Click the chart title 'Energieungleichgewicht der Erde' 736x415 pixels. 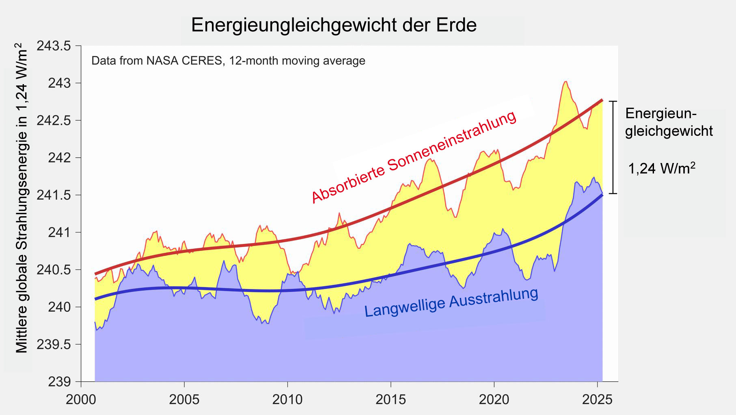coord(334,25)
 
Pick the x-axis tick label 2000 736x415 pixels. coord(81,400)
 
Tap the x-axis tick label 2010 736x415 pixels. coord(287,400)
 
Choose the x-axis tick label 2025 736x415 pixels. coord(597,400)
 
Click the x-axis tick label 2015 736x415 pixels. coord(391,400)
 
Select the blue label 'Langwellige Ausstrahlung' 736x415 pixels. coord(451,302)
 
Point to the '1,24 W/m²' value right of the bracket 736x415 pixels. coord(662,168)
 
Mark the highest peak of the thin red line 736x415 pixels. coord(565,82)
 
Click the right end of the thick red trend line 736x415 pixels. coord(602,100)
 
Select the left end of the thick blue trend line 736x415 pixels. coord(95,299)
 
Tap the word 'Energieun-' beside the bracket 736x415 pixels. coord(661,113)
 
